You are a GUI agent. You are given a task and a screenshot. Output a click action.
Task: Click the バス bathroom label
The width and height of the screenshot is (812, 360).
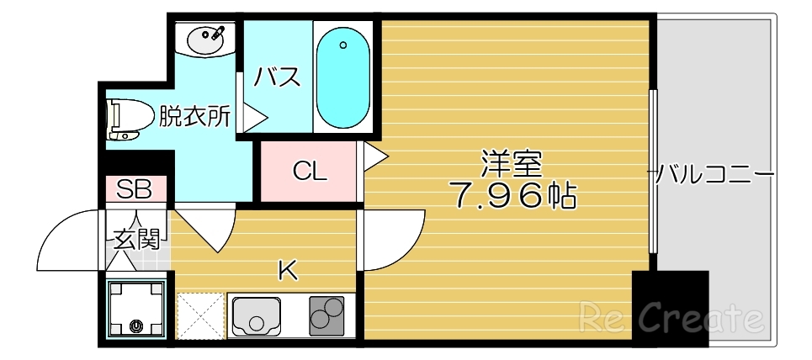coord(279,77)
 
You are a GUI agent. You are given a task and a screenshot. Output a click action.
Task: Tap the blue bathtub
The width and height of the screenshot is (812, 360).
coord(343,77)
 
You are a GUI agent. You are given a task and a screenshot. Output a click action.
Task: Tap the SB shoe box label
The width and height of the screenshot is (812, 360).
coord(134,188)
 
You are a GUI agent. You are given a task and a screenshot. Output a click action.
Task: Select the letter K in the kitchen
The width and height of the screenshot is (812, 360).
coord(288,270)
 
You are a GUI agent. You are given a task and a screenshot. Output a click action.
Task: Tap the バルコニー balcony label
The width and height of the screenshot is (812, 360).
coord(714,175)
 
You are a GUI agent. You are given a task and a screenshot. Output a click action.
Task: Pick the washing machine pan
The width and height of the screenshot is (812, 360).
coord(136,308)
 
